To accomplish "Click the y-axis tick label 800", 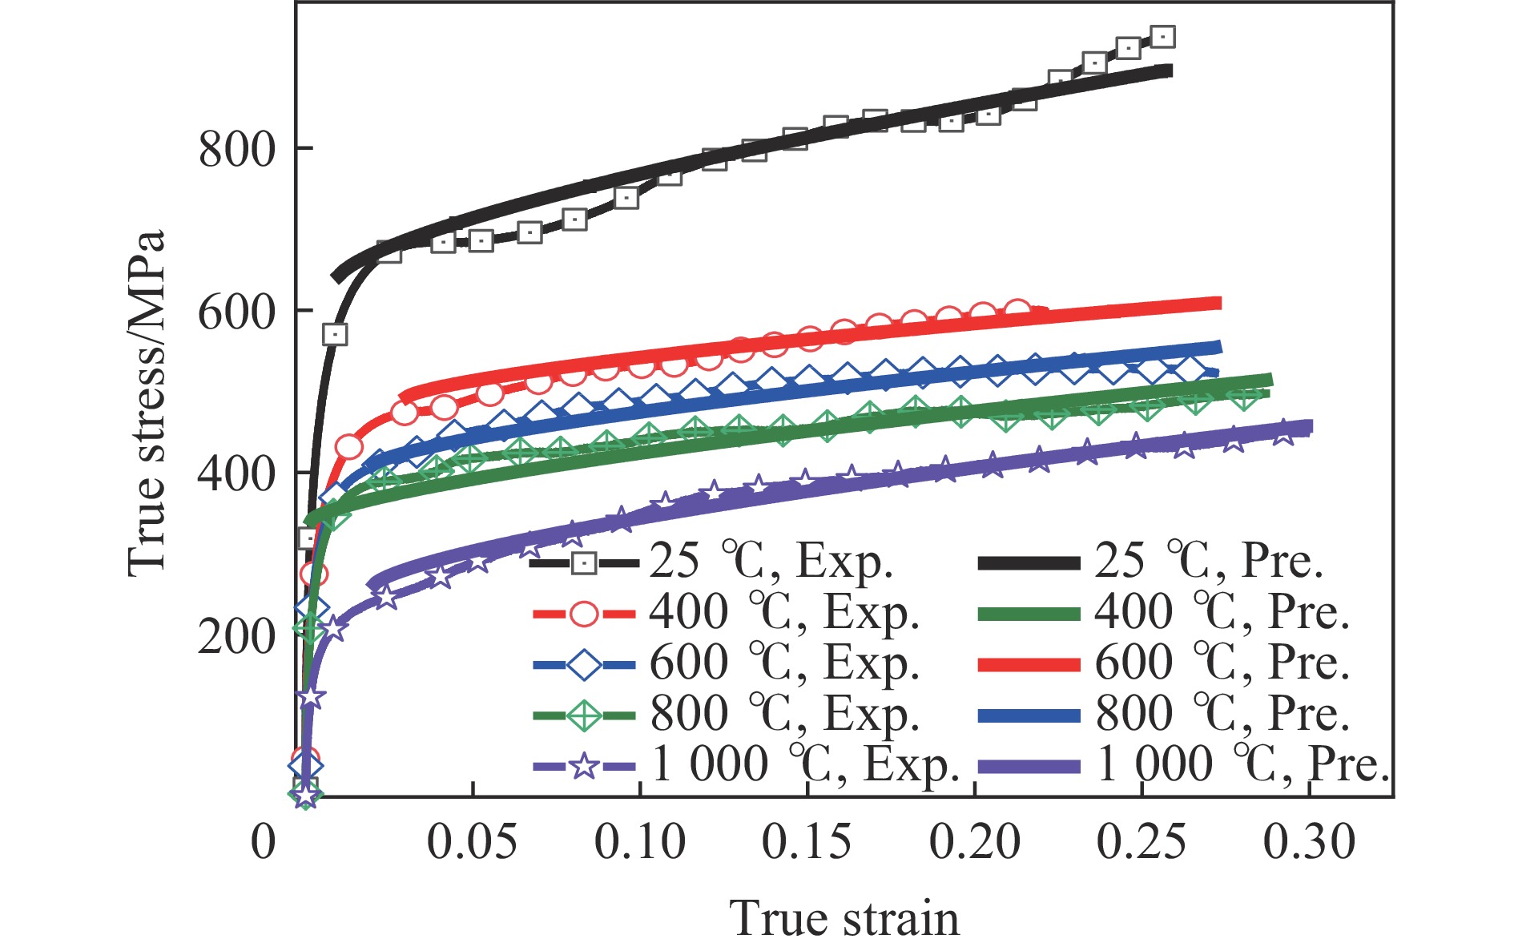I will (236, 149).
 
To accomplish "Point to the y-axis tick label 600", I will (236, 312).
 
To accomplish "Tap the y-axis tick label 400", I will (236, 474).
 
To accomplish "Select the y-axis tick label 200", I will (236, 637).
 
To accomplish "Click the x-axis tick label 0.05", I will (473, 843).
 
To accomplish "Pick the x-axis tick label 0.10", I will (640, 843).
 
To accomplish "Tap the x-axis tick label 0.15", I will (807, 843).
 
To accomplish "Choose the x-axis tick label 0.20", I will (975, 843).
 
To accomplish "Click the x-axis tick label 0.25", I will (1142, 843).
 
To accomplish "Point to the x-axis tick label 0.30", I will (1310, 843).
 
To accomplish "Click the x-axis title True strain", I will (844, 918).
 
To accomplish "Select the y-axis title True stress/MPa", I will (147, 403).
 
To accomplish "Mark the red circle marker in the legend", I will (585, 615).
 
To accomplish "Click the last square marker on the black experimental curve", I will (1162, 37).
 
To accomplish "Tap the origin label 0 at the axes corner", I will (264, 843).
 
